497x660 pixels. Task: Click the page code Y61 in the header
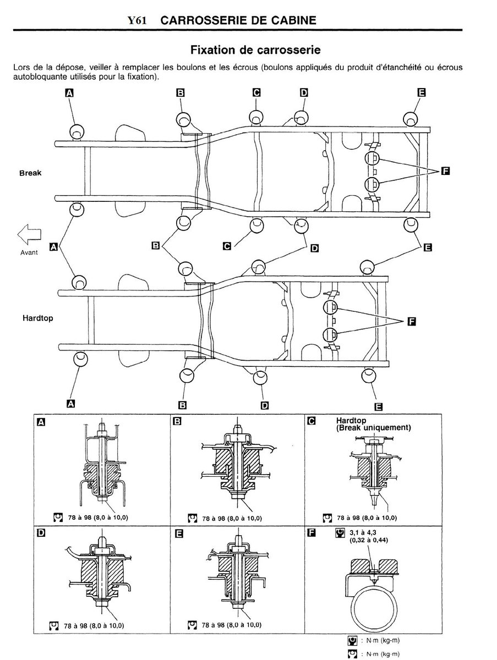tap(137, 20)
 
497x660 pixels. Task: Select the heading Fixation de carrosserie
tap(255, 50)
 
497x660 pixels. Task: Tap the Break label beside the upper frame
tap(30, 173)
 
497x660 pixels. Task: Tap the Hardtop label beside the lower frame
tap(38, 318)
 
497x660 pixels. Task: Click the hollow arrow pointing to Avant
tap(29, 234)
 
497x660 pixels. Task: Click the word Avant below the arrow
tap(29, 252)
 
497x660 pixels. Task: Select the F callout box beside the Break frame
tap(445, 172)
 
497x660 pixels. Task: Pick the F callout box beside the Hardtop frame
tap(412, 322)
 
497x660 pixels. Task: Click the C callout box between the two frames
tap(227, 246)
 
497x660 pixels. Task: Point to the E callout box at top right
tap(422, 92)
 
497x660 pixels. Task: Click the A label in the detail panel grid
tap(41, 422)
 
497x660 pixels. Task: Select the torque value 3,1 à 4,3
tap(363, 532)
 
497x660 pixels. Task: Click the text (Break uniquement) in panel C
tap(373, 427)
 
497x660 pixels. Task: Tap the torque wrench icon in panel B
tap(193, 518)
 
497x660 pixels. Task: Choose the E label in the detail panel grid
tap(179, 533)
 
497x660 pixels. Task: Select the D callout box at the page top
tap(304, 92)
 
